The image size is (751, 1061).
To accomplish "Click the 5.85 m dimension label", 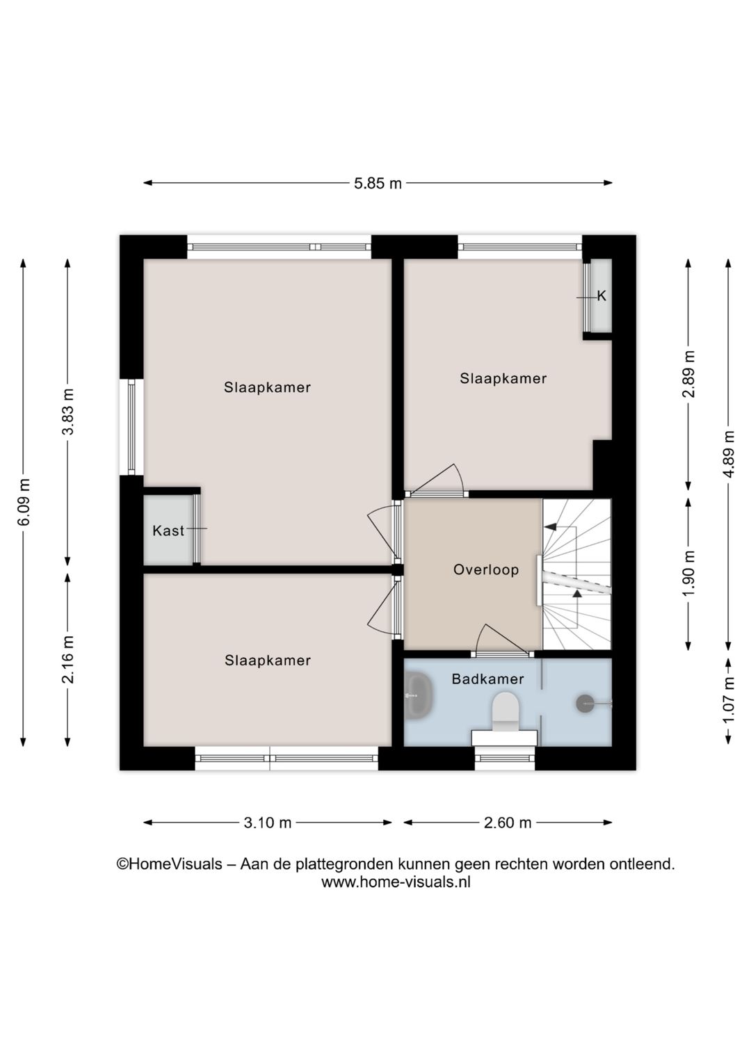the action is tap(378, 184).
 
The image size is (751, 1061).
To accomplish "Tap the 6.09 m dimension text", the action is tap(24, 501).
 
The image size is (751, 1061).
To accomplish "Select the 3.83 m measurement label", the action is tap(68, 411).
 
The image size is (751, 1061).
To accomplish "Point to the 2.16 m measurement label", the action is tap(68, 660).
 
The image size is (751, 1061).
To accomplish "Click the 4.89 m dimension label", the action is tap(729, 454).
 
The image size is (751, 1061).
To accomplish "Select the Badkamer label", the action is tap(487, 679).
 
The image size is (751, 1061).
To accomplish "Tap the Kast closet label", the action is tap(168, 530).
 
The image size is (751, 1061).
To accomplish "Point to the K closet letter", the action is tap(601, 296).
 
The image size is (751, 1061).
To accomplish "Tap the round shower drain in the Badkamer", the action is tap(586, 704).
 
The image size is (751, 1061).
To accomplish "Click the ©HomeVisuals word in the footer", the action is tap(169, 864).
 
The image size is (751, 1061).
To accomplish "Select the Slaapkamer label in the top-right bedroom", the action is tap(503, 378).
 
